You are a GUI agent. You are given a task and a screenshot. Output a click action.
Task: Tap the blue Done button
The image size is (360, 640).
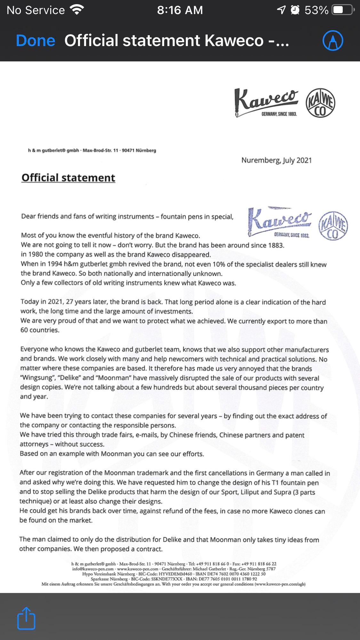pos(36,41)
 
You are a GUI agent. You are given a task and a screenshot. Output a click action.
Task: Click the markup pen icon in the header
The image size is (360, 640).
pos(333,41)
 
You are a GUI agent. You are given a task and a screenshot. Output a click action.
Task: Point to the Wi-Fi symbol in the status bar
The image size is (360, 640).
pos(77,10)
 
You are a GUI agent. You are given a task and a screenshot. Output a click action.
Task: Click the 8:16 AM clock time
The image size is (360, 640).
pos(180,10)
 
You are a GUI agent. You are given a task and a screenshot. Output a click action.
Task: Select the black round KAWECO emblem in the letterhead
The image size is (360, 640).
pos(320,103)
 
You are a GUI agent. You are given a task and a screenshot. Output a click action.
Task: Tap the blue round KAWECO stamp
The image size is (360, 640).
pos(333,225)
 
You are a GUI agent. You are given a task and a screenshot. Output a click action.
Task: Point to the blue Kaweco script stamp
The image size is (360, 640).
pos(279,221)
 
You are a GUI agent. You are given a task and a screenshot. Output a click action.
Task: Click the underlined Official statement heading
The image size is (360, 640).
pos(68,178)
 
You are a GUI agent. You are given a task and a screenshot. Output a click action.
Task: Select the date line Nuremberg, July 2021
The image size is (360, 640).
pos(276,160)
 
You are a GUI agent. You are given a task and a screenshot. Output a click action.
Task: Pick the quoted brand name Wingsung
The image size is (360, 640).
pos(36,378)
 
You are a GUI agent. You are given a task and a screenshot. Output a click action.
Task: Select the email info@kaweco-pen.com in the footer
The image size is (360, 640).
pos(93,569)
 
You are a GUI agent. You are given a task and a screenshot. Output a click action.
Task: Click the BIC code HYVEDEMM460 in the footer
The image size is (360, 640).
pos(175,574)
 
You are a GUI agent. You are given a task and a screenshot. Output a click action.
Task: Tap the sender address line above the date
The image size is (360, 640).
pos(92,150)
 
